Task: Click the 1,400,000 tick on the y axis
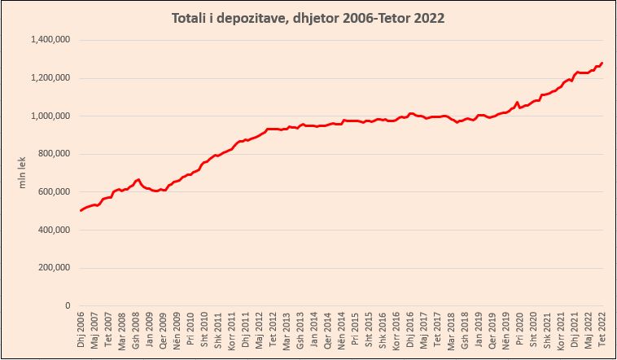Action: pyautogui.click(x=50, y=40)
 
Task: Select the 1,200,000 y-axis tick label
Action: pyautogui.click(x=50, y=78)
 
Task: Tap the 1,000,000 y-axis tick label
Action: pyautogui.click(x=50, y=116)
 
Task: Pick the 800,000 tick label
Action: pyautogui.click(x=55, y=154)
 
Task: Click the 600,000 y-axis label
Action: pyautogui.click(x=55, y=191)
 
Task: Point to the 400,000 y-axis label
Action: pyautogui.click(x=55, y=230)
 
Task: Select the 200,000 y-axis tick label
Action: pyautogui.click(x=55, y=267)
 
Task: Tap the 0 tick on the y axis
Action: pyautogui.click(x=69, y=305)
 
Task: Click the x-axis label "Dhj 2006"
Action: pyautogui.click(x=81, y=330)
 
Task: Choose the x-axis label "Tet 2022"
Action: pyautogui.click(x=602, y=329)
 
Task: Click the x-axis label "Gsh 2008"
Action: pyautogui.click(x=137, y=330)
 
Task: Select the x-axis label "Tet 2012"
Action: pyautogui.click(x=273, y=329)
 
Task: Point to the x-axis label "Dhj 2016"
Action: pyautogui.click(x=410, y=330)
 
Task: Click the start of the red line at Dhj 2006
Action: pyautogui.click(x=81, y=211)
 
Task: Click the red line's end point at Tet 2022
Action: pyautogui.click(x=602, y=63)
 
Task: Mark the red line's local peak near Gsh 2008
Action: pyautogui.click(x=139, y=179)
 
